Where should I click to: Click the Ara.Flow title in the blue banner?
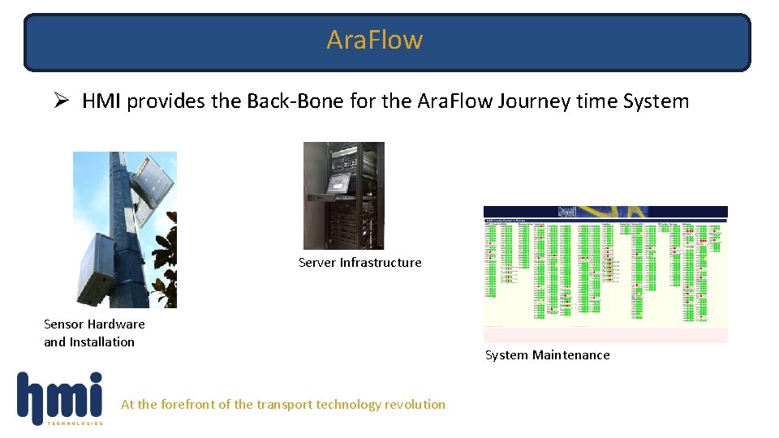374,39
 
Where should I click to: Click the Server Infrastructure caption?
359,262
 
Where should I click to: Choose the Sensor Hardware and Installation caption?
94,333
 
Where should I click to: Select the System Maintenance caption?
547,354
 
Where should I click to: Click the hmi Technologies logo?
61,398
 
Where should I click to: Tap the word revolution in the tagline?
414,404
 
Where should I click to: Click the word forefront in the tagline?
190,404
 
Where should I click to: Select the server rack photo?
343,195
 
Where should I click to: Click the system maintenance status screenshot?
605,273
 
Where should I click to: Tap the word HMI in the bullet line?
101,101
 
